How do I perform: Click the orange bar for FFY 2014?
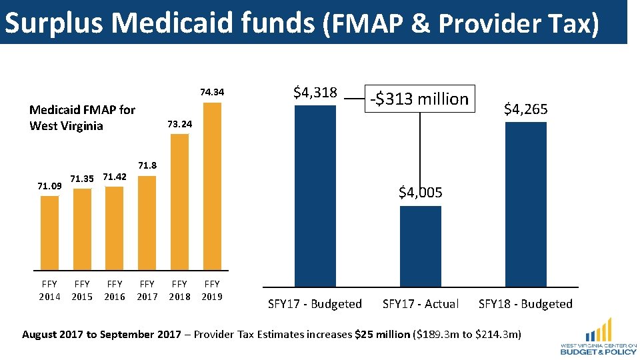(50, 232)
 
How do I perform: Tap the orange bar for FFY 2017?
(147, 223)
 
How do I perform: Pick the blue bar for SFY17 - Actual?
(421, 246)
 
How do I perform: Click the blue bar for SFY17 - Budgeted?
(315, 196)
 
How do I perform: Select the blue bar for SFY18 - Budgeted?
(526, 204)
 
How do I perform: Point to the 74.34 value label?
(212, 92)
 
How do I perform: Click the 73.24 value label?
(179, 124)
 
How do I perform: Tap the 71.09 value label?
(50, 186)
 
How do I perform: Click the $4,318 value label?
(315, 93)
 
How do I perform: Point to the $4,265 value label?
(526, 109)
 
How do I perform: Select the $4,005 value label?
(421, 193)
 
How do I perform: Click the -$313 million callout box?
(420, 99)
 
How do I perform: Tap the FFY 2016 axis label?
(115, 290)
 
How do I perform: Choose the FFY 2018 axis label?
(179, 290)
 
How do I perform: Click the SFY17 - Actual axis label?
(421, 304)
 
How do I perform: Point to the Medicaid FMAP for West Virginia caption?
(82, 118)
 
